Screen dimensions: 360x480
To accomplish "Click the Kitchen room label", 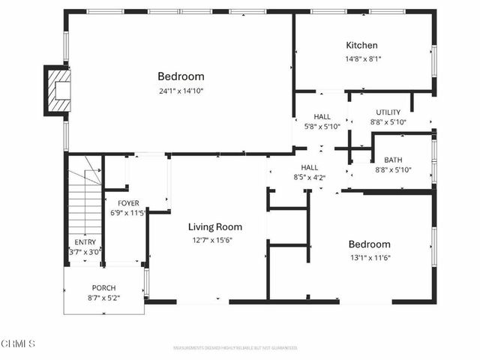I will pos(361,46).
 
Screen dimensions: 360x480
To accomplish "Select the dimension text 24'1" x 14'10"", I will pos(181,91).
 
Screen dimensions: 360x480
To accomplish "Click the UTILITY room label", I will pos(388,112).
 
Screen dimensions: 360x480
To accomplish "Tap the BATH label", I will pos(393,160).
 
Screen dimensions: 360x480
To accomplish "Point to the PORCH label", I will pos(103,288).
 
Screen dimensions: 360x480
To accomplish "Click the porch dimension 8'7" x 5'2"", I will pos(103,298).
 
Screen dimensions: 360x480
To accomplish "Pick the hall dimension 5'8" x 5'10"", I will pos(322,127).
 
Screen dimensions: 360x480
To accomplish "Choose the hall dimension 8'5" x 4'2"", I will pos(309,177).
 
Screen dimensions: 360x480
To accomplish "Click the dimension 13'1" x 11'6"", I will pos(370,258).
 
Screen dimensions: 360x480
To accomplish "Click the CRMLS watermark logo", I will pos(18,344).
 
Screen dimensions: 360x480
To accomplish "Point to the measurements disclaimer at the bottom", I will pos(235,348).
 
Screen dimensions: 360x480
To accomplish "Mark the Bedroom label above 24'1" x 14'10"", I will pos(181,76).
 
